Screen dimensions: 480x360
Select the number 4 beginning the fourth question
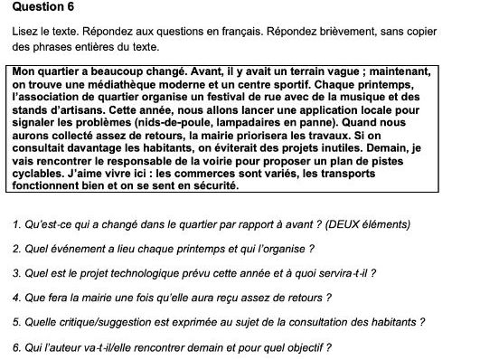18,297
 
